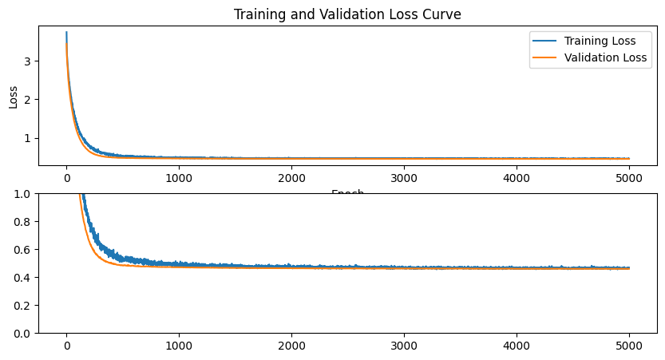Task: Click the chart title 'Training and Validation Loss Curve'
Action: pyautogui.click(x=347, y=14)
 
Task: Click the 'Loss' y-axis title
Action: pyautogui.click(x=13, y=97)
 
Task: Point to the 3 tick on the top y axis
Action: pyautogui.click(x=30, y=61)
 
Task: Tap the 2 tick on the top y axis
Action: pyautogui.click(x=30, y=99)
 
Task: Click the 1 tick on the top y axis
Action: pyautogui.click(x=30, y=137)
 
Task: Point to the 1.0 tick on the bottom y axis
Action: pyautogui.click(x=23, y=194)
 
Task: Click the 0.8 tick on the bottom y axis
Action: pyautogui.click(x=23, y=222)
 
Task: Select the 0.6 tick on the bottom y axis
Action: pyautogui.click(x=23, y=250)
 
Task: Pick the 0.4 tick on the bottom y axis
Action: pyautogui.click(x=23, y=278)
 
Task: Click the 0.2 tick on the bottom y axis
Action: pyautogui.click(x=23, y=306)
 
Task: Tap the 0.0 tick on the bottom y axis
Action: pyautogui.click(x=23, y=334)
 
